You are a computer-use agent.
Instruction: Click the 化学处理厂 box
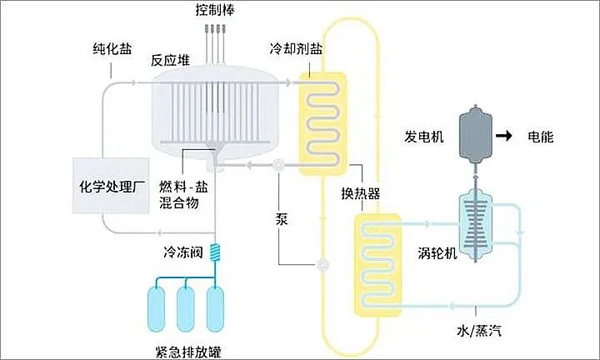pos(112,184)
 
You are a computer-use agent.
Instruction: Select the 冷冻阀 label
pos(181,250)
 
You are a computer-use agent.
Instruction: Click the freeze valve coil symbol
pos(216,250)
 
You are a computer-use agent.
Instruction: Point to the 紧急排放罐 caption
pos(187,349)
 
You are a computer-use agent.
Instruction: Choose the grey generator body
pos(477,137)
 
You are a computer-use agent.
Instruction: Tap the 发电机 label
pos(422,136)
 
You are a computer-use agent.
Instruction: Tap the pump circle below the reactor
pos(277,164)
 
